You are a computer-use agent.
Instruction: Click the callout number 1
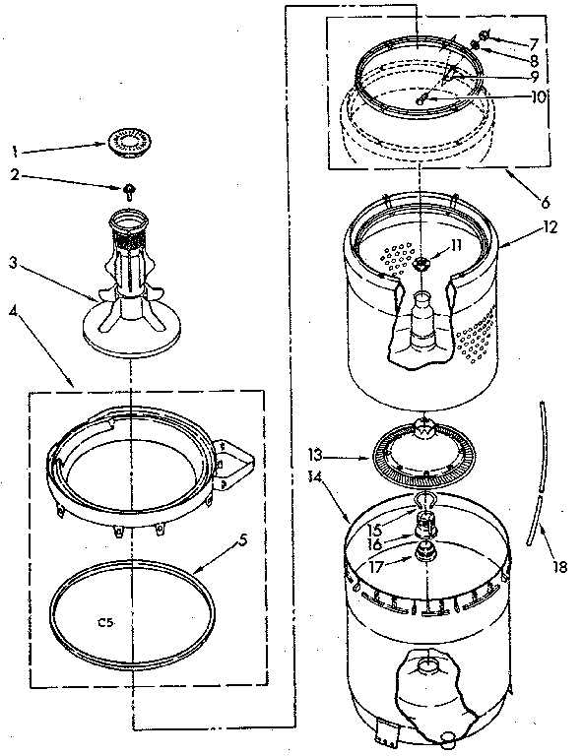[13, 152]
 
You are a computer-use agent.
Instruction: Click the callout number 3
[13, 262]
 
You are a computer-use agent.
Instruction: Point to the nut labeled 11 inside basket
[422, 264]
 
